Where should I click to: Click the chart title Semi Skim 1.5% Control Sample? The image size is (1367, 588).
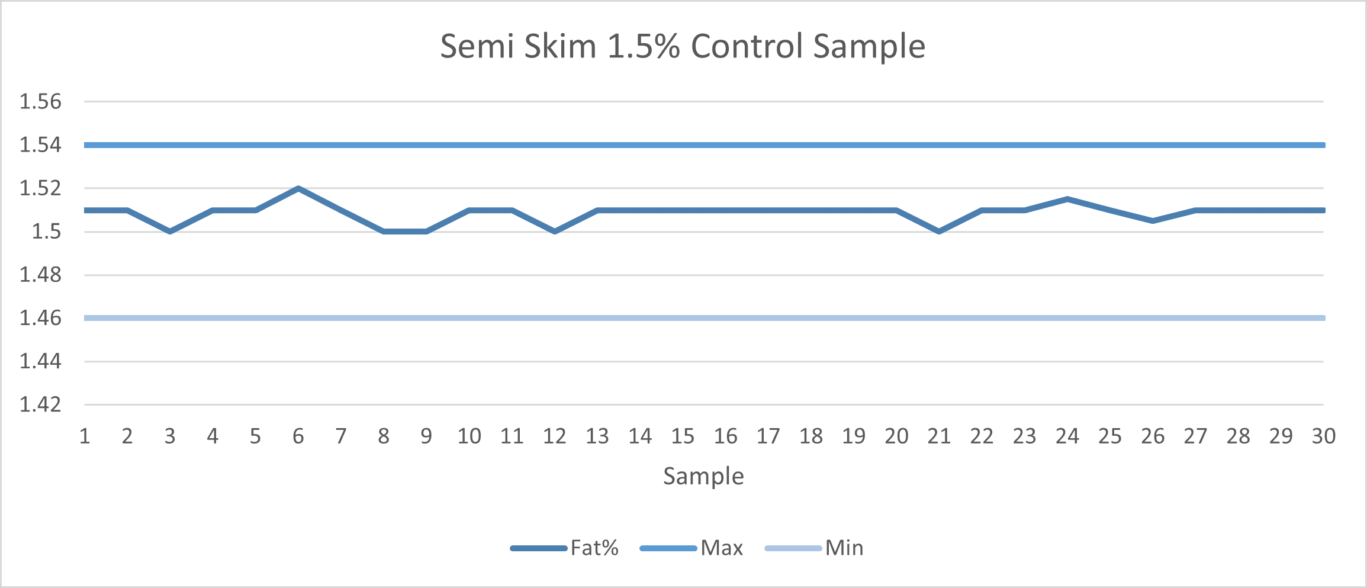point(683,46)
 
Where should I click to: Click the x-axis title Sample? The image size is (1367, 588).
point(703,476)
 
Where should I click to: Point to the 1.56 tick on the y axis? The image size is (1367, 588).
point(40,102)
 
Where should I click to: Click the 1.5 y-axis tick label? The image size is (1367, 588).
point(46,232)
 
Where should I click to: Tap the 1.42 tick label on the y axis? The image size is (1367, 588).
point(40,404)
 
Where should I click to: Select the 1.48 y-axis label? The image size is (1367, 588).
point(40,275)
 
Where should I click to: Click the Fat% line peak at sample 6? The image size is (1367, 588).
point(298,188)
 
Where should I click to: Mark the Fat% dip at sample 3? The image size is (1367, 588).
point(170,232)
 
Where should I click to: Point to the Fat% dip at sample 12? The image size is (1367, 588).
point(555,232)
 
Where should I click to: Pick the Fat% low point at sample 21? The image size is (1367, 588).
point(939,232)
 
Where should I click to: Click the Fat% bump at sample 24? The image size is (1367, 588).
point(1067,199)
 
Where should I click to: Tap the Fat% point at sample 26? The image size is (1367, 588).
point(1153,221)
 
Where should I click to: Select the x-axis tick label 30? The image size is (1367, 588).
point(1323,436)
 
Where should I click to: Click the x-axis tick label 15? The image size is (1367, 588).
point(683,436)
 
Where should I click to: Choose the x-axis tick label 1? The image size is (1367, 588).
point(85,436)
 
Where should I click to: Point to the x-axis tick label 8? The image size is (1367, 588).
point(384,436)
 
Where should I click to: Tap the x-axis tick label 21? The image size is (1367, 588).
point(939,436)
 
